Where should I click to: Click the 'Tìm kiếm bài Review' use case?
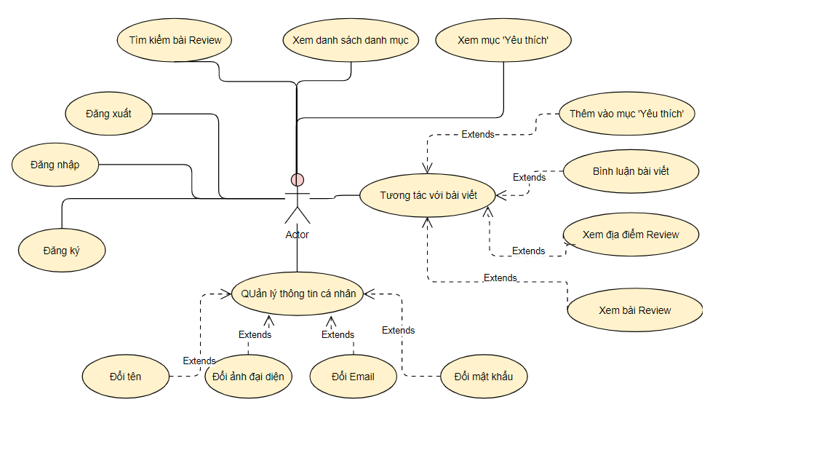point(175,40)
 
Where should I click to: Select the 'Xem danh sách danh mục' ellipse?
point(351,40)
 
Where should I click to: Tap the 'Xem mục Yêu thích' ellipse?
point(503,40)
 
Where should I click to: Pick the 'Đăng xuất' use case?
point(109,114)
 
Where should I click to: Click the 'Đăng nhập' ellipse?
point(55,165)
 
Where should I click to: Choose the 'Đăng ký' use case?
point(62,251)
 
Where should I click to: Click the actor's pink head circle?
point(297,180)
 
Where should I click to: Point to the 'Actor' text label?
point(297,235)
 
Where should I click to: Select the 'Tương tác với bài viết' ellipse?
point(428,195)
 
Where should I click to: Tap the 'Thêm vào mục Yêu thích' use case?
point(627,114)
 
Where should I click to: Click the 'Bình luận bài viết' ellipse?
point(631,171)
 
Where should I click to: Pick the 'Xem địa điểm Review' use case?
point(631,235)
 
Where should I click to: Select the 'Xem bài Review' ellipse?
point(635,310)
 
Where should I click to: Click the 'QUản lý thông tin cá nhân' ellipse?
point(298,294)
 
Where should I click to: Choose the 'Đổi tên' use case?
point(126,376)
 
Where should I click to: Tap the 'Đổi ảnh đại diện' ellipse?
point(249,376)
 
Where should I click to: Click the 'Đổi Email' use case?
point(354,376)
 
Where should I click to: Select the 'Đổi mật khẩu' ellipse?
point(484,376)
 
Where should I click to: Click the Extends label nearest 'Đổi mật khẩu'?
point(398,330)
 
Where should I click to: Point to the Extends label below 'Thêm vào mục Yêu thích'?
point(478,134)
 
